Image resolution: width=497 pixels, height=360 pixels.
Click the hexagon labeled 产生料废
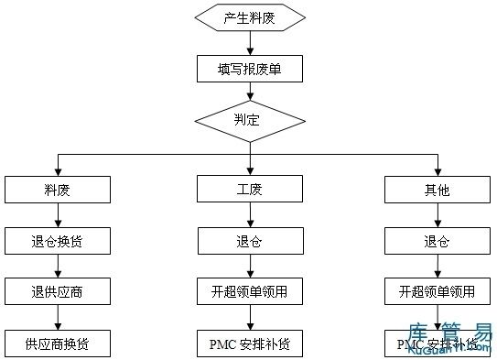tap(249, 18)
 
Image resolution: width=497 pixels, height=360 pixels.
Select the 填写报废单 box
tap(249, 69)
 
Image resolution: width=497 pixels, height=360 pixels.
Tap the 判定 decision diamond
tap(249, 120)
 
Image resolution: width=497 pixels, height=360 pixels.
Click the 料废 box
tap(59, 190)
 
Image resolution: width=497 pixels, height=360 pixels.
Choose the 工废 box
tap(249, 190)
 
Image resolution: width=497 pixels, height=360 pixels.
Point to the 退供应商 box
tap(59, 292)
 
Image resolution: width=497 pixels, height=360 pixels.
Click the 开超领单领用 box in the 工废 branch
tap(249, 292)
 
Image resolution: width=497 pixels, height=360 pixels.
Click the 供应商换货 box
tap(59, 344)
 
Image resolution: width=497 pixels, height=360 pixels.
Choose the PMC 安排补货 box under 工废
tap(249, 344)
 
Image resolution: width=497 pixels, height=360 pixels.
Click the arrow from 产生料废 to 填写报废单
tap(249, 44)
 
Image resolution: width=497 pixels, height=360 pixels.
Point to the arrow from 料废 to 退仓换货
tap(59, 215)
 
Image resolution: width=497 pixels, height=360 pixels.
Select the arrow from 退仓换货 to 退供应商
tap(59, 267)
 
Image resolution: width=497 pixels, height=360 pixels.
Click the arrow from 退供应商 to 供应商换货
tap(59, 318)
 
